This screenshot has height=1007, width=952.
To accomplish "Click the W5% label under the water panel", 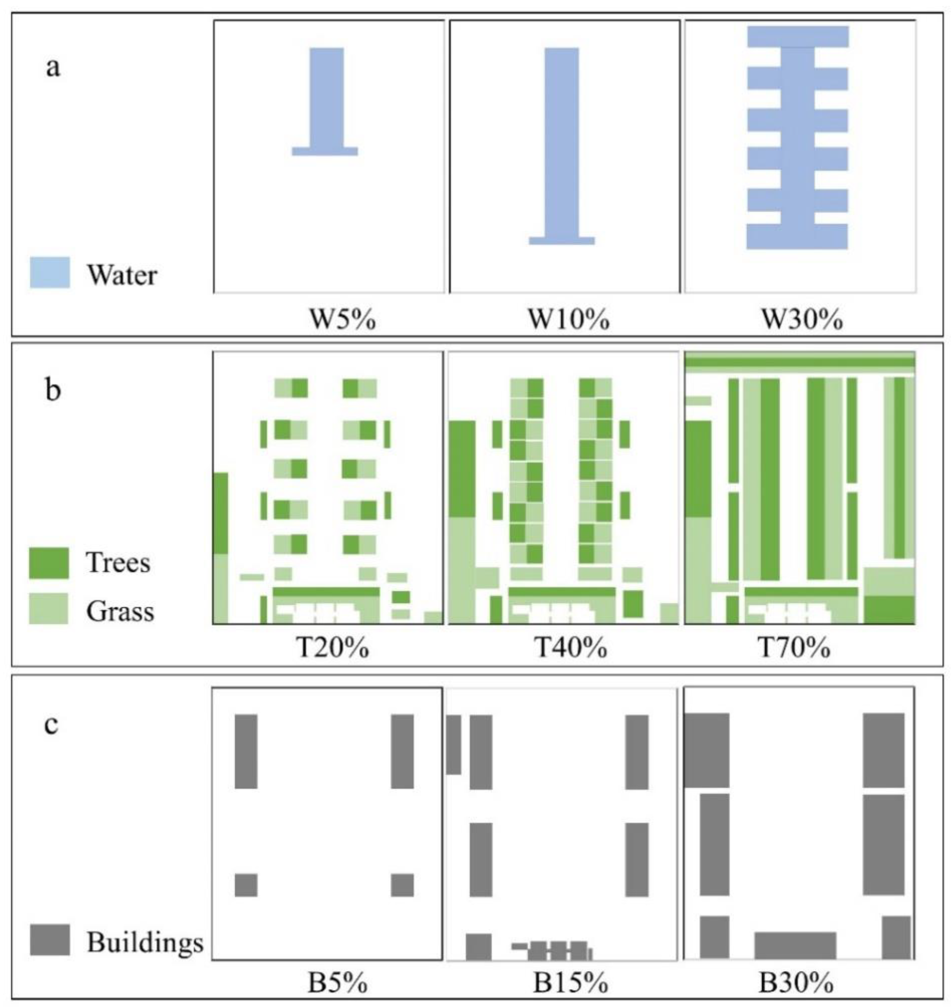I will click(343, 320).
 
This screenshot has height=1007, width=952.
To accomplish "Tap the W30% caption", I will click(802, 320).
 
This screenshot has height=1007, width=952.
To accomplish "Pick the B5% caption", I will click(337, 984).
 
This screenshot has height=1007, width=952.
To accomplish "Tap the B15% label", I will click(570, 984).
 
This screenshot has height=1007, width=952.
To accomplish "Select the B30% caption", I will click(796, 984).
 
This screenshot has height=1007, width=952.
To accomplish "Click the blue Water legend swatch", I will click(50, 272).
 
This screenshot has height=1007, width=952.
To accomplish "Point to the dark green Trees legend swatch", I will click(49, 563).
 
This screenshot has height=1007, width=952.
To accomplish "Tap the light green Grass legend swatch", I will click(49, 608).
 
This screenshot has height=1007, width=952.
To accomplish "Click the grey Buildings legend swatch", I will click(50, 940).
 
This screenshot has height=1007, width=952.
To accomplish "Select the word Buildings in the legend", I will click(145, 943).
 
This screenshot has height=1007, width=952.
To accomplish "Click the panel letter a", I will click(53, 67).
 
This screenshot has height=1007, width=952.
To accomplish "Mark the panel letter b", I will click(53, 391).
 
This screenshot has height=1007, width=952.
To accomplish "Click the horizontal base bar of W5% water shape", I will click(325, 151).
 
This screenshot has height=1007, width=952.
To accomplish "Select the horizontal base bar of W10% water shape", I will click(562, 240).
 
